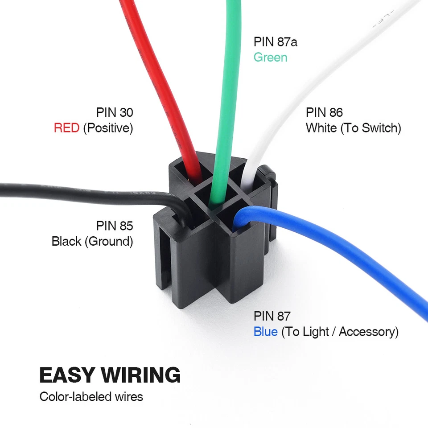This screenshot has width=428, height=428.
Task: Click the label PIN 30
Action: (115, 112)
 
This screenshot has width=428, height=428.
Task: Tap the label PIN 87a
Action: (275, 42)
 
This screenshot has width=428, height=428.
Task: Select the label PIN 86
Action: (324, 112)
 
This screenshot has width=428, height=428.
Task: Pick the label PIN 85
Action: (115, 226)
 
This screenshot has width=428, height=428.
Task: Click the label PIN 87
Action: (272, 316)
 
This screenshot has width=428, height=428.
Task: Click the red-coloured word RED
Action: (66, 128)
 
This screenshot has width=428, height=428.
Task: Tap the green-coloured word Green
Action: (270, 58)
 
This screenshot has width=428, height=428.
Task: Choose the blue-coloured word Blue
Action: (265, 332)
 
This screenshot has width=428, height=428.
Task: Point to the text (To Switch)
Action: (370, 128)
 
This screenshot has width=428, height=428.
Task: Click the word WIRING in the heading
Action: (141, 375)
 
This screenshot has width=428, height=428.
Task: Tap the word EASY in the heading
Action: (67, 375)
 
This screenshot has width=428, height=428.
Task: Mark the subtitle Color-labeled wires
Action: (91, 396)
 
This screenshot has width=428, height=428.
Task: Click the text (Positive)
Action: (108, 128)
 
